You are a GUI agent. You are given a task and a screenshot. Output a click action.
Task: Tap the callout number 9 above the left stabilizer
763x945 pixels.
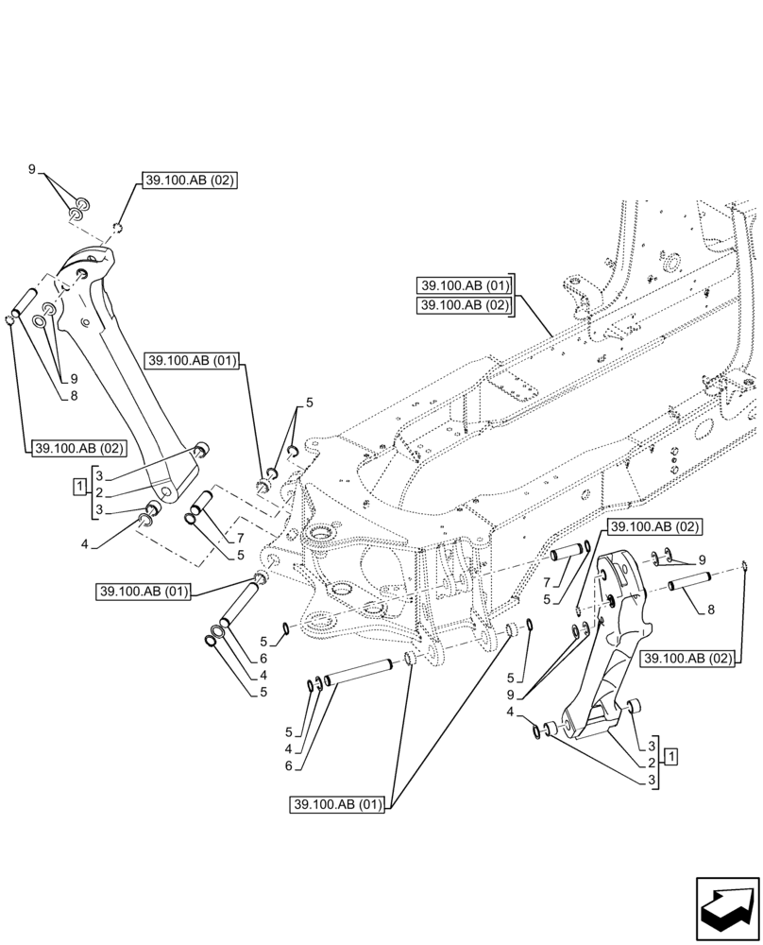click(32, 170)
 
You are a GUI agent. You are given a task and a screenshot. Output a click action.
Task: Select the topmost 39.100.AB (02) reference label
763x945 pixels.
click(190, 180)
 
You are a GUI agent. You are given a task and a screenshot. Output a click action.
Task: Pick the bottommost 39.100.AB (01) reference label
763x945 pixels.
click(337, 805)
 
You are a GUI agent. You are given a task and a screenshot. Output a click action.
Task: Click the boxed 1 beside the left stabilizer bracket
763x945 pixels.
click(78, 487)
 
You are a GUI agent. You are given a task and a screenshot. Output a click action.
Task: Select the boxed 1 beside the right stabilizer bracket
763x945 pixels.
click(670, 755)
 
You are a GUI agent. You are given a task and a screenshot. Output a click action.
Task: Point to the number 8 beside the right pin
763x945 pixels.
click(710, 610)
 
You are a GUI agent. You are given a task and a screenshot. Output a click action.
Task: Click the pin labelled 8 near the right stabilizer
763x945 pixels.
click(688, 585)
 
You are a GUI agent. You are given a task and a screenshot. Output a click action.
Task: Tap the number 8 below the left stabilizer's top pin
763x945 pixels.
click(73, 395)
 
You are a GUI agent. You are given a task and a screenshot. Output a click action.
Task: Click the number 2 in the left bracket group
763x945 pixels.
click(97, 492)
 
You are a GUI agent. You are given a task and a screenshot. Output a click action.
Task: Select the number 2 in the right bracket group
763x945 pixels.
click(652, 762)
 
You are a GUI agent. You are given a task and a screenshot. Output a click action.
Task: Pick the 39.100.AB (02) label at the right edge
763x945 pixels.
click(688, 658)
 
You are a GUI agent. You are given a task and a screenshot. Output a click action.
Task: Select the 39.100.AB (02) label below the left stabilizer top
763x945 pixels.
click(74, 448)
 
